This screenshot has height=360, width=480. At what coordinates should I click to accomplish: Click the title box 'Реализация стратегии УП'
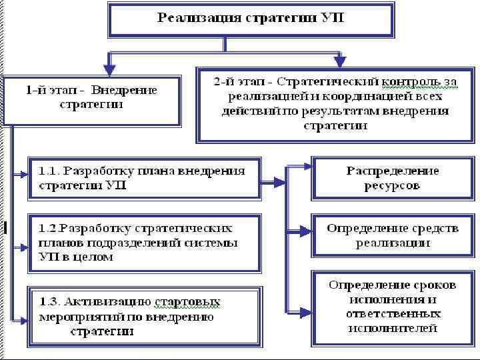pos(251,19)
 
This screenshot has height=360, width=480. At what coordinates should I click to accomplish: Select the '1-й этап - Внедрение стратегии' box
pos(91,100)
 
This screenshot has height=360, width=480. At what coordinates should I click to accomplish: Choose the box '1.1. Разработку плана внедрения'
pos(143,178)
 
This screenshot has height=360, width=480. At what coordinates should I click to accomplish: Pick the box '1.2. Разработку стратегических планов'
pos(143,242)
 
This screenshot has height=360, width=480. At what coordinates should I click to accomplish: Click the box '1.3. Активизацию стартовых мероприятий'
pos(143,315)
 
